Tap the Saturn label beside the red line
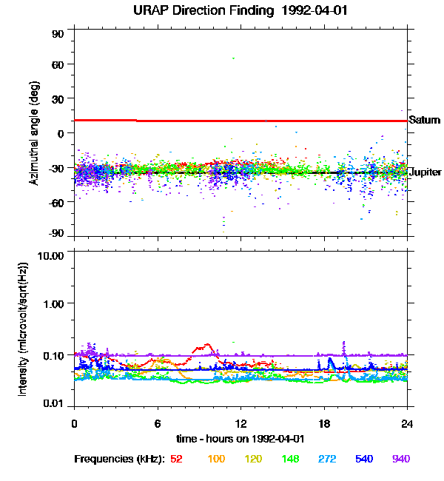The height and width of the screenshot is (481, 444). tap(424, 120)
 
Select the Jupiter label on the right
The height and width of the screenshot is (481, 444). tap(424, 172)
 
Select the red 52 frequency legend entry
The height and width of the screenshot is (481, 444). tap(176, 459)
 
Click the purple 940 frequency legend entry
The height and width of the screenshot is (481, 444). tap(400, 459)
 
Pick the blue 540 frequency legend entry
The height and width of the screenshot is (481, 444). tap(364, 459)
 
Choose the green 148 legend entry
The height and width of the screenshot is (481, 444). tap(289, 459)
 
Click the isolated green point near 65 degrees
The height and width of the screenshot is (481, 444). tap(234, 58)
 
